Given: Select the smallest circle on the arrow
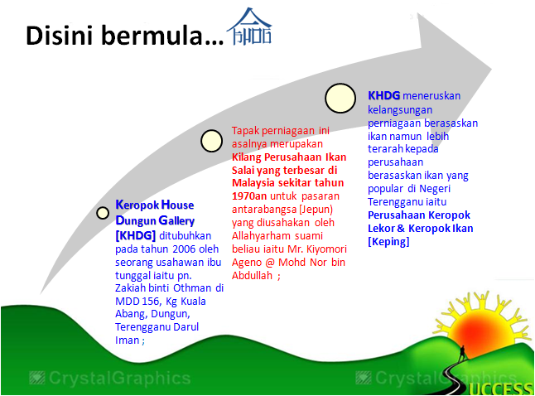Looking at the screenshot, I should pos(103,213).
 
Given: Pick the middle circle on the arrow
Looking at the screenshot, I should pos(212,142).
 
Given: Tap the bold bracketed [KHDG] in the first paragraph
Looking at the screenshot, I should pos(135,234).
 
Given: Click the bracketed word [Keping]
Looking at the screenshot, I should pos(388,241).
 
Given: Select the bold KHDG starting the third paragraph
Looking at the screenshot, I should pos(384,96).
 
